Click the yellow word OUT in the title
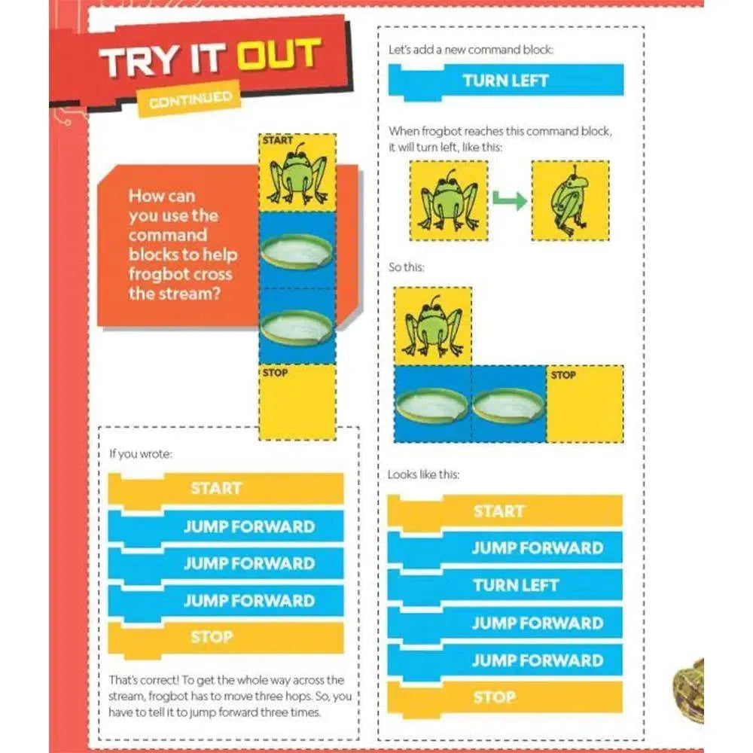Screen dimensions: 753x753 (x=279, y=54)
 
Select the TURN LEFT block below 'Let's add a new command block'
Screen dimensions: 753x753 (x=506, y=81)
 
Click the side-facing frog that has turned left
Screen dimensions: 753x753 (x=569, y=201)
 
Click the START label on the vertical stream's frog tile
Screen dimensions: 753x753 (x=278, y=140)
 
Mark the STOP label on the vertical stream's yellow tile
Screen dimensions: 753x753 (x=275, y=373)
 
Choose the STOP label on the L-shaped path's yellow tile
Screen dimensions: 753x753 (x=562, y=374)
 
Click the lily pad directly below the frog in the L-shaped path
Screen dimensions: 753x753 (x=431, y=406)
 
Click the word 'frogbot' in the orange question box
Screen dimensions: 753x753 (x=180, y=275)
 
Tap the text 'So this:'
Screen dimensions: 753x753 (x=407, y=267)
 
